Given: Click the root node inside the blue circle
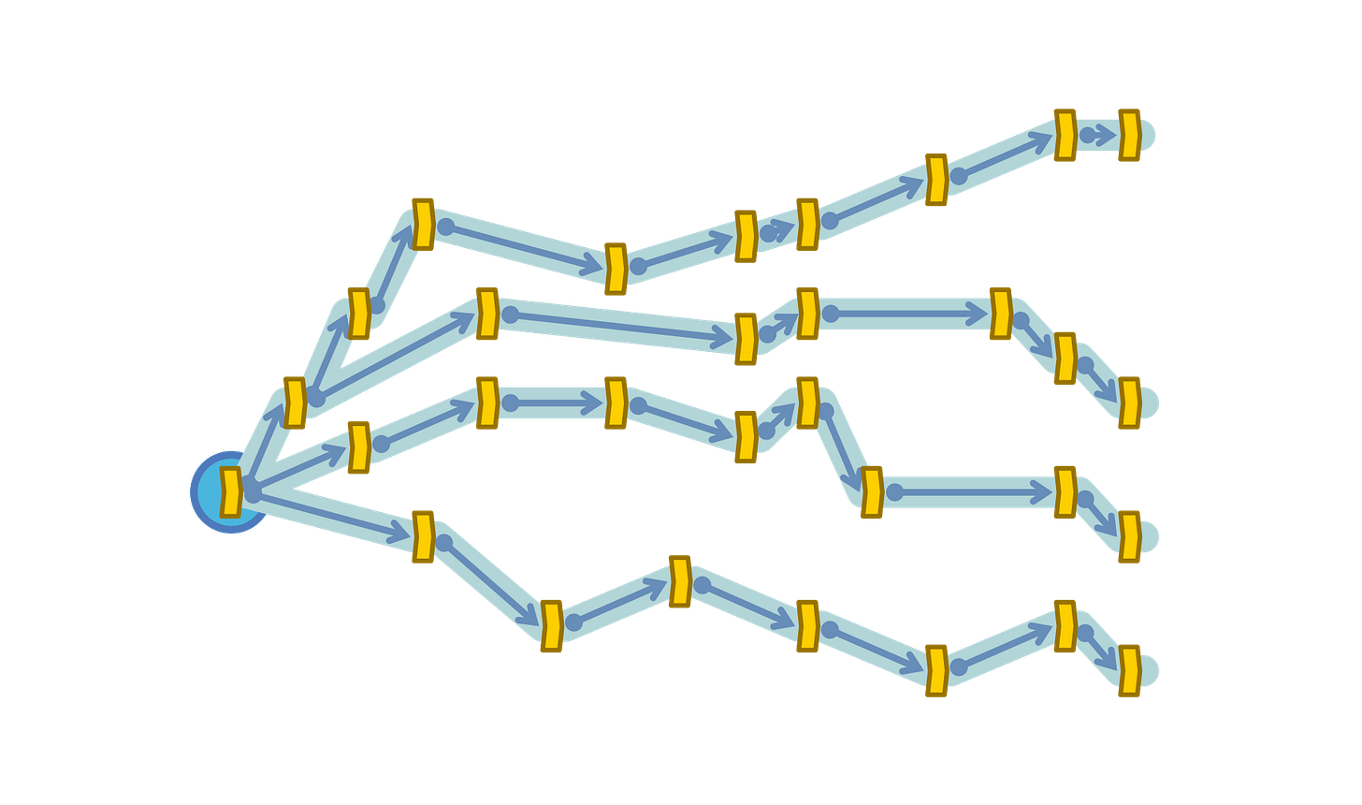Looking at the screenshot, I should point(230,491).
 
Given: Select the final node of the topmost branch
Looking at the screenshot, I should point(1129,135).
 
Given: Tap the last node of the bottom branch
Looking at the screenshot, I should point(1129,670).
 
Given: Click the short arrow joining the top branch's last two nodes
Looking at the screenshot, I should point(1098,135).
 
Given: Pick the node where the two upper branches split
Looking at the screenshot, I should point(294,402).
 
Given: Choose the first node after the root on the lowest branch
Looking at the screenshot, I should point(423,536).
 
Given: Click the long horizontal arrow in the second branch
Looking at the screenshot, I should point(904,313).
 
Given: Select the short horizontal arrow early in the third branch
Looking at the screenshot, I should point(552,403).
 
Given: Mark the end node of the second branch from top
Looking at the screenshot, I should point(1129,402).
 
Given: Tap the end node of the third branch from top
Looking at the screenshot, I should point(1129,536).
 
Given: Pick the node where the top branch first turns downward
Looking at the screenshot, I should point(423,224).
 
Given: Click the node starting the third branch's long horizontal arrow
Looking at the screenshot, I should point(871,492).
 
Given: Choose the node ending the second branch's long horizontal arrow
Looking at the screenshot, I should point(1000,313).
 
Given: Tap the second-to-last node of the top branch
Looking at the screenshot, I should point(1065,135).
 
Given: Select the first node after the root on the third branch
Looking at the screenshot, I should point(358,446).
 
